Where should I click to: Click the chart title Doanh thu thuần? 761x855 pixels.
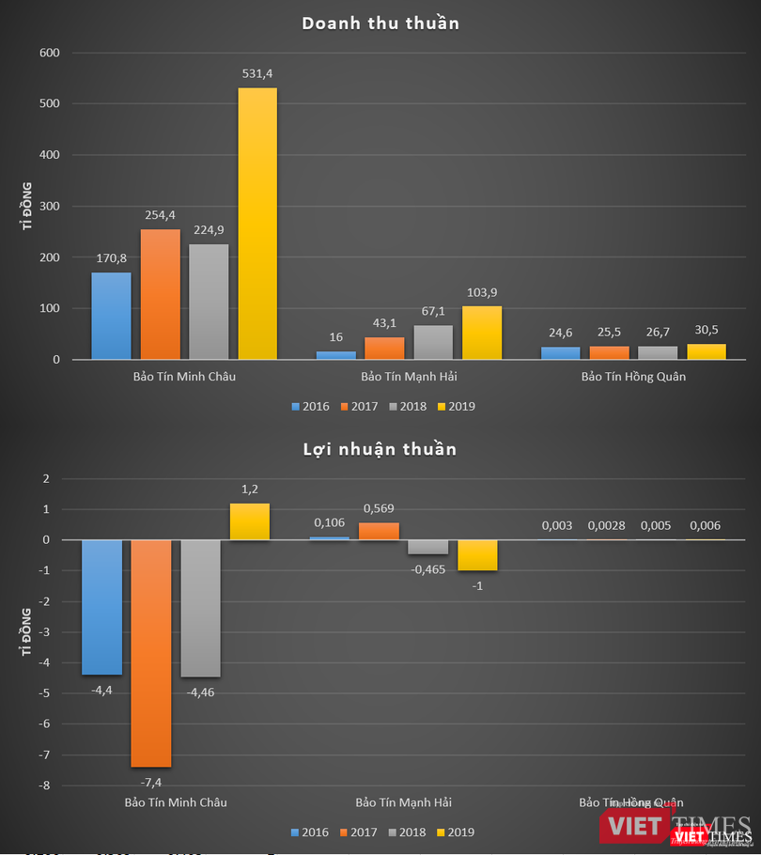click(x=380, y=23)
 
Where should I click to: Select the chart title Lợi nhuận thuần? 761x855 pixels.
click(x=380, y=449)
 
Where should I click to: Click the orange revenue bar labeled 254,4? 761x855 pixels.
click(x=160, y=294)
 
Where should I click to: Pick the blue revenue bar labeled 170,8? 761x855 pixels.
click(x=111, y=316)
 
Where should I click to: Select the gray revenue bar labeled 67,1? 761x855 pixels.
click(x=433, y=342)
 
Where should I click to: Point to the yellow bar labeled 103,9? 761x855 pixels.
click(x=482, y=333)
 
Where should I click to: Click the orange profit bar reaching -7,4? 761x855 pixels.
click(x=150, y=653)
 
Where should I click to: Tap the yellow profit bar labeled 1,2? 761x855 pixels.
click(x=249, y=521)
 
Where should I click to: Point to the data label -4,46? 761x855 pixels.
click(x=200, y=692)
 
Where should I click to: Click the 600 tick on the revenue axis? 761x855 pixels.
click(x=49, y=53)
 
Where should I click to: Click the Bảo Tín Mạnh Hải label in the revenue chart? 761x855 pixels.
click(x=409, y=377)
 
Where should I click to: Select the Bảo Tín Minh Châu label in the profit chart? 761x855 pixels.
click(x=176, y=802)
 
